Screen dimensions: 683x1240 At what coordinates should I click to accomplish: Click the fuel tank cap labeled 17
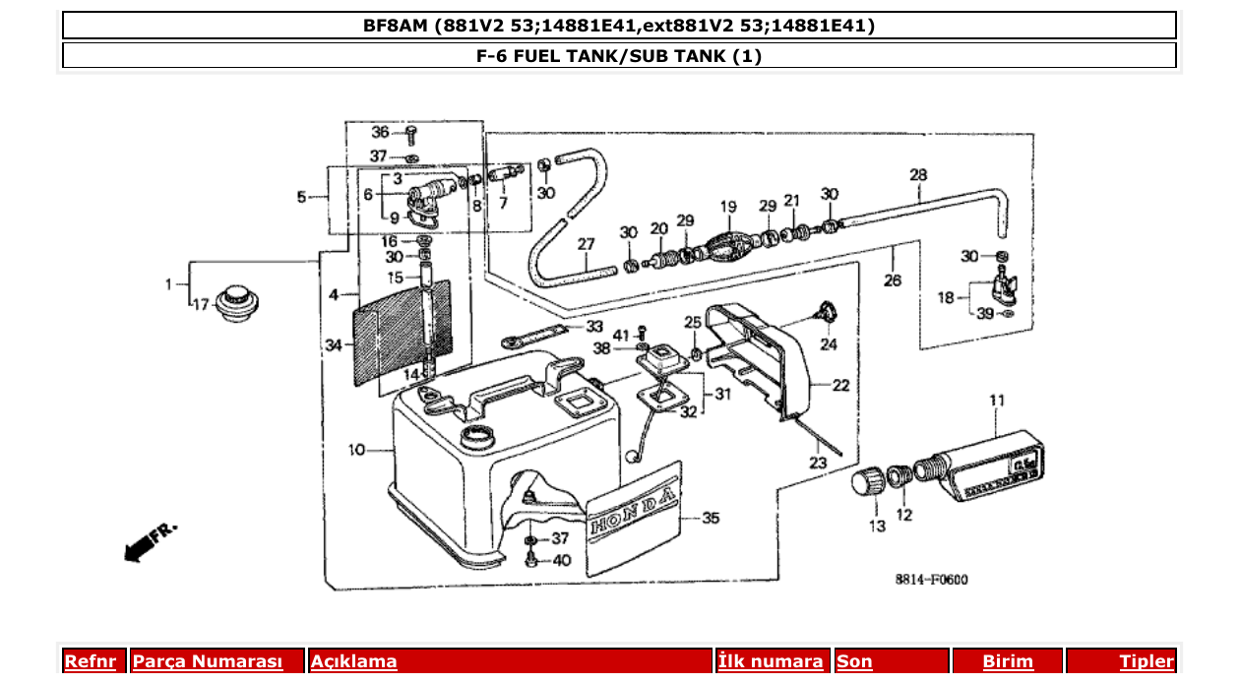point(234,302)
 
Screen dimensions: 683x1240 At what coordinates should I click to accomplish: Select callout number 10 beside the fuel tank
point(356,450)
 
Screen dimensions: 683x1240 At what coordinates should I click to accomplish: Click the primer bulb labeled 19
point(728,242)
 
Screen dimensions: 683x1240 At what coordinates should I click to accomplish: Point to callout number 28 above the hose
point(918,175)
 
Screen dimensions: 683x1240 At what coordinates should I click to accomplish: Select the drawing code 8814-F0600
point(931,580)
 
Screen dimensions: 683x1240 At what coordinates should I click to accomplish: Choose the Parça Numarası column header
point(208,661)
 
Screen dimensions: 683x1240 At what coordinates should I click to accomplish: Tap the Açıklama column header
point(354,661)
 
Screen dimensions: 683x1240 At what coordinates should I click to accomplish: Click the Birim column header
point(1009,661)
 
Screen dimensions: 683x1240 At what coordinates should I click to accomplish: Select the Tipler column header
point(1147,661)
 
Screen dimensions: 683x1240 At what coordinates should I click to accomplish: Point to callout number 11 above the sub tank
point(997,401)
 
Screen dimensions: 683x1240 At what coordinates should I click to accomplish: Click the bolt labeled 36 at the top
point(411,136)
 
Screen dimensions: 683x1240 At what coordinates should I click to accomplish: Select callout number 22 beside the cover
point(840,386)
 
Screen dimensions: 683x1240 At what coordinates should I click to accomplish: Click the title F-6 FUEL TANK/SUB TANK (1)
point(619,56)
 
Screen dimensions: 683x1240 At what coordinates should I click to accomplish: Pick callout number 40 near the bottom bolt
point(561,560)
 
